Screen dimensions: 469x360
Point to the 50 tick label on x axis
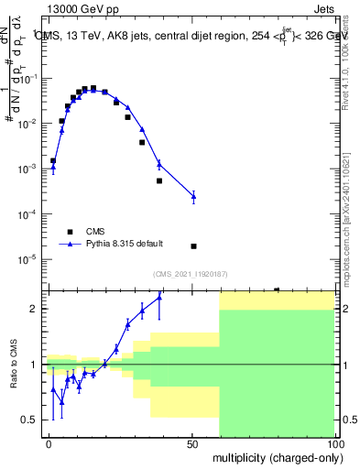192,443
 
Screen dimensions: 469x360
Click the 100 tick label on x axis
333,443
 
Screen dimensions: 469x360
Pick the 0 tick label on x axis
49,443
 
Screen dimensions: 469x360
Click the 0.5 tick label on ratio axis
33,420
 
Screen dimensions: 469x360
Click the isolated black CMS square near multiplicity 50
193,245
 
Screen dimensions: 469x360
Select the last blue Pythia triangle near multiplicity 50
193,196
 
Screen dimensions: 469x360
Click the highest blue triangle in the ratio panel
159,297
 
